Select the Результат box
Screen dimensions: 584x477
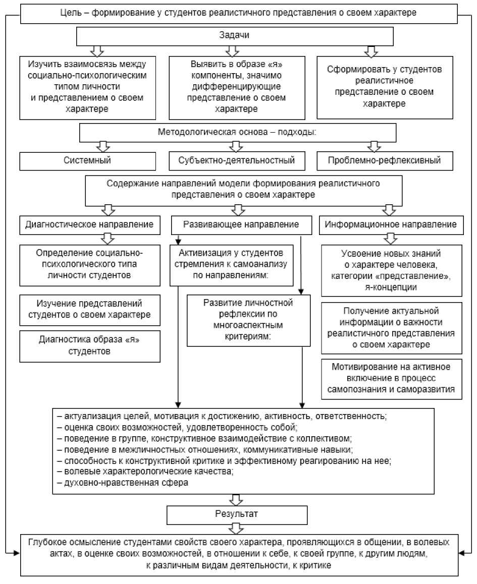click(x=237, y=514)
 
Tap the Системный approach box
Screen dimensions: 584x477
click(x=87, y=160)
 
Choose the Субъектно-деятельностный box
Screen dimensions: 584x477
click(x=236, y=160)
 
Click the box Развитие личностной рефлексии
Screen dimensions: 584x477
click(x=248, y=320)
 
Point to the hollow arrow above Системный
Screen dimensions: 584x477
click(x=103, y=146)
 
